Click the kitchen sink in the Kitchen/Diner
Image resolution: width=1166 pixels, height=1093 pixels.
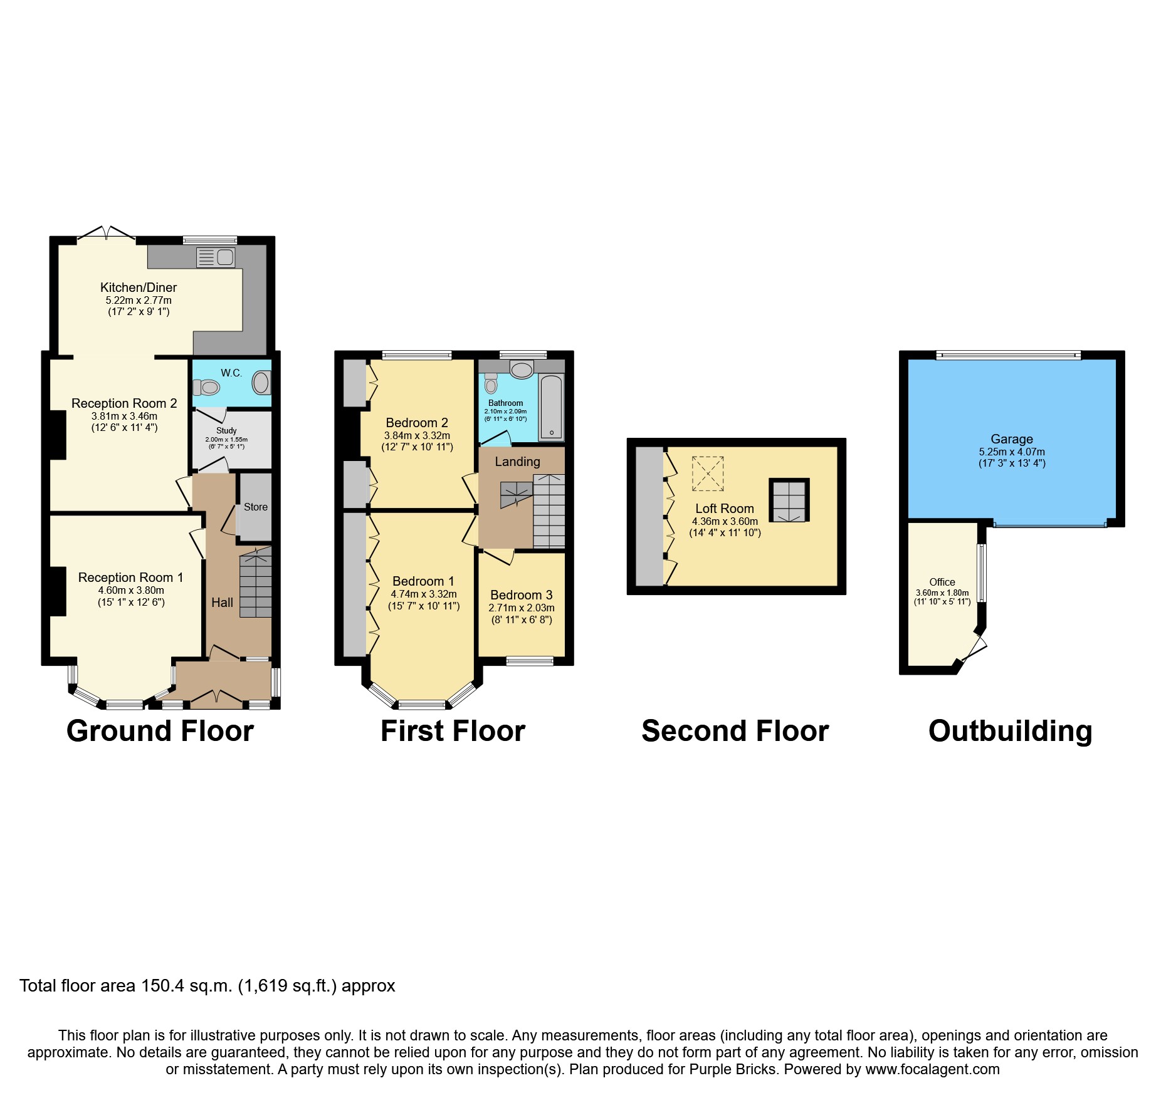point(215,257)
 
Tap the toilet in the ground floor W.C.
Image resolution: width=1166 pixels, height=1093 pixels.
point(206,388)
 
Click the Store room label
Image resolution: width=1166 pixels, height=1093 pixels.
point(256,507)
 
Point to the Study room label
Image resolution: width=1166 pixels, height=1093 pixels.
point(226,431)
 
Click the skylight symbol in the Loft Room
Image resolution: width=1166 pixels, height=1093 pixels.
point(708,474)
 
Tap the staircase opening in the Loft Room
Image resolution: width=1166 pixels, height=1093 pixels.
point(789,500)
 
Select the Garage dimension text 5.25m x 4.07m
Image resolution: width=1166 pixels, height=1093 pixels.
point(1012,452)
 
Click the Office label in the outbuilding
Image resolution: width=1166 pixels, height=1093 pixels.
point(942,582)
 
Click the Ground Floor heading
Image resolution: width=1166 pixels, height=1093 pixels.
point(160,731)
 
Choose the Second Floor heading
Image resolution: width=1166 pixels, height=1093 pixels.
point(735,731)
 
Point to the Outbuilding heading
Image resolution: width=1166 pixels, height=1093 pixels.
point(1010,731)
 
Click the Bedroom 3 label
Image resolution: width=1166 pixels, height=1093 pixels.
point(522,595)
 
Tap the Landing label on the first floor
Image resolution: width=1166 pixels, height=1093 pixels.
point(517,462)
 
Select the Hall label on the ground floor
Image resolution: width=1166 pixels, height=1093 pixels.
point(222,603)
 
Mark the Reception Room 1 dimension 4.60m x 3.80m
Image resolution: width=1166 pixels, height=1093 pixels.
point(131,590)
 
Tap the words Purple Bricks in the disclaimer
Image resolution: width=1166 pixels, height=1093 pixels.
point(732,1069)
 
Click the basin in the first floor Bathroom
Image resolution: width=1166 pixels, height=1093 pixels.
point(522,370)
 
